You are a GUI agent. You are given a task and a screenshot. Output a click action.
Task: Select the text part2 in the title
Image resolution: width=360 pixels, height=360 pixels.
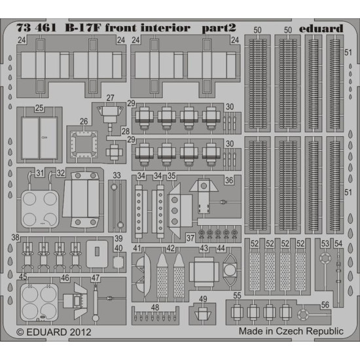point(218,29)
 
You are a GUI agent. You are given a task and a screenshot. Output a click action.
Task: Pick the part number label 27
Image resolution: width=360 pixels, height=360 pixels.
point(110,98)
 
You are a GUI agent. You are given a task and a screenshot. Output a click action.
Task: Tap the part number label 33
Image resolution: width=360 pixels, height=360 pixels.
point(116,175)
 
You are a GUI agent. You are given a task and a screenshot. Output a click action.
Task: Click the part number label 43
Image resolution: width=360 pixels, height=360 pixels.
point(204,249)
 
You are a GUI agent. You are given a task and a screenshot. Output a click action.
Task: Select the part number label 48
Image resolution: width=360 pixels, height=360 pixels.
point(154,307)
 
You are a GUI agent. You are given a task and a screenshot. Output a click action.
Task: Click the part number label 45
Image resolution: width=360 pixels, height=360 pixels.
point(22,278)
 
